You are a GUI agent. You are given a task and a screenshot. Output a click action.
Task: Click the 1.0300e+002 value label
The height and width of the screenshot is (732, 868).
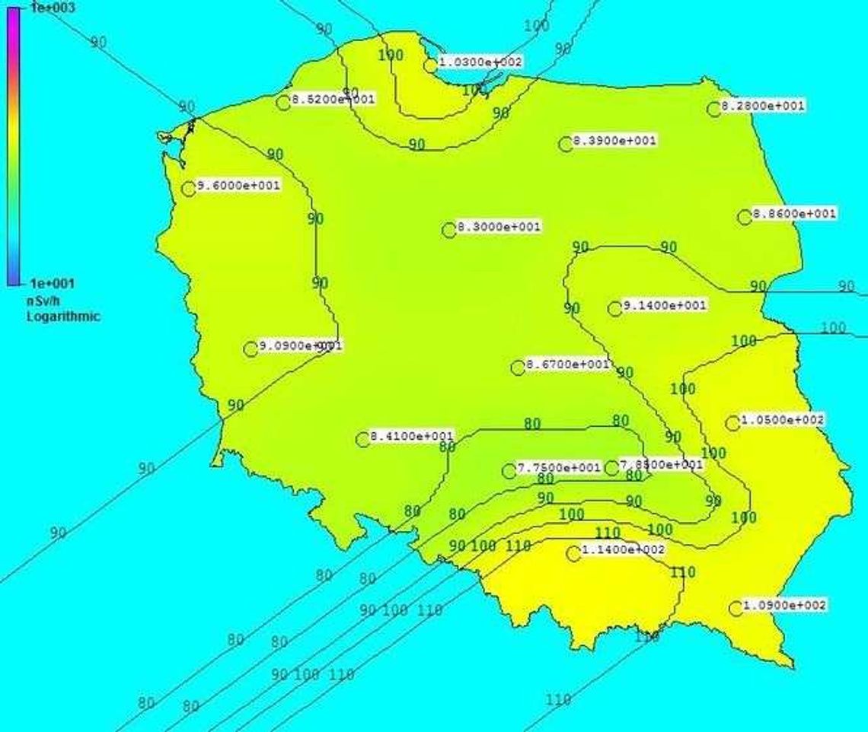click(x=480, y=62)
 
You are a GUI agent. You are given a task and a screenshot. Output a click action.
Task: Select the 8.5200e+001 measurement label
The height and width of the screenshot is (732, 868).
click(x=333, y=100)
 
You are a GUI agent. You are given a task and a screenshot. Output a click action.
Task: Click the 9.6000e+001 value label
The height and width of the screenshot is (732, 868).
click(x=238, y=186)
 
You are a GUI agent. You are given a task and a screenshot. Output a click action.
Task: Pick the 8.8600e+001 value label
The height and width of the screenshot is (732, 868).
click(x=794, y=215)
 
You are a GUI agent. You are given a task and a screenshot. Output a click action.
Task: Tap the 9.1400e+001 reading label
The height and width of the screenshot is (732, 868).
click(x=665, y=305)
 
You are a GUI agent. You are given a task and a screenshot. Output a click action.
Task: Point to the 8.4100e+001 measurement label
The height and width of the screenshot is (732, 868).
click(x=412, y=437)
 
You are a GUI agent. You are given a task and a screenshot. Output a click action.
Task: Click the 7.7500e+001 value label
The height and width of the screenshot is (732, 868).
click(x=559, y=468)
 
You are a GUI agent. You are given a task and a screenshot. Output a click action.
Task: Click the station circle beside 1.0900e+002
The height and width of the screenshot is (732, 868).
click(x=736, y=608)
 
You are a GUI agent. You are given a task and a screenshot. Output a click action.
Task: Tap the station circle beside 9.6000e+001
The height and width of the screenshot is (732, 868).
click(x=189, y=189)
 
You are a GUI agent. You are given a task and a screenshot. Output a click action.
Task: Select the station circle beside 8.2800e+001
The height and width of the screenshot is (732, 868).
click(x=714, y=110)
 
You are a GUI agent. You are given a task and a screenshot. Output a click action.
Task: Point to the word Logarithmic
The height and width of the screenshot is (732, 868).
click(x=63, y=317)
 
